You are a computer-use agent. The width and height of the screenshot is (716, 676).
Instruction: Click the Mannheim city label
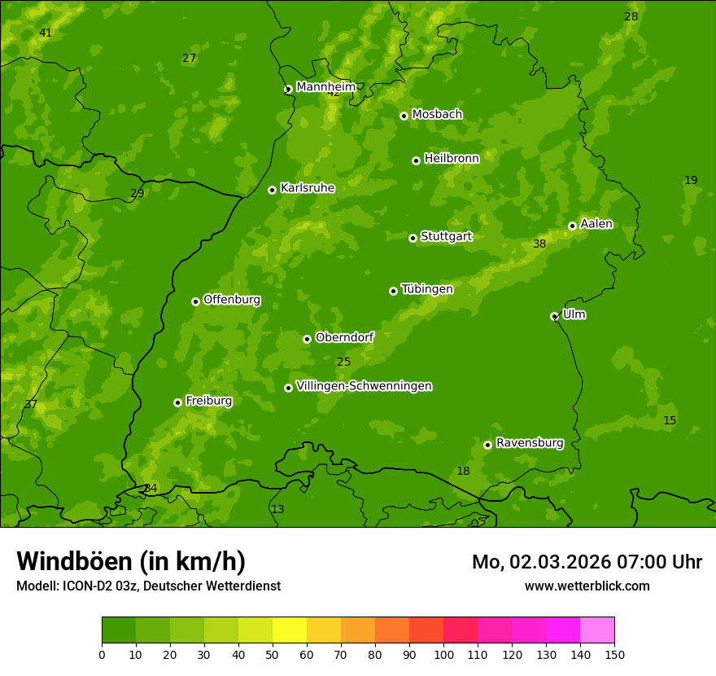tap(325, 86)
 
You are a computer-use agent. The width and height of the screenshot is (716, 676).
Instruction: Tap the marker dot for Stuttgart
tap(413, 238)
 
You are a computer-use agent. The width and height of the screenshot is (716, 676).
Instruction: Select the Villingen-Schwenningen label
tap(364, 386)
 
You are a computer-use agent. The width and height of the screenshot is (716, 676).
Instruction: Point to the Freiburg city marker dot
tap(177, 402)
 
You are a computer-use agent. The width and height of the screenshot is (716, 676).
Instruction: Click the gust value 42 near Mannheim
tap(334, 93)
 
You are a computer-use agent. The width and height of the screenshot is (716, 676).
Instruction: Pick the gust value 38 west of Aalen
tap(539, 244)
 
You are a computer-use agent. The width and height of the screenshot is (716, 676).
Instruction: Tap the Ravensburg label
tap(529, 443)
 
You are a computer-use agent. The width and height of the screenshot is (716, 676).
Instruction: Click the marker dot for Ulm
tap(554, 316)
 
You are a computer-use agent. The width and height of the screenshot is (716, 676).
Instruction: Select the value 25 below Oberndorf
tap(343, 362)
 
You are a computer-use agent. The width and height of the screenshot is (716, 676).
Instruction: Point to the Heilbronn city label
tap(452, 158)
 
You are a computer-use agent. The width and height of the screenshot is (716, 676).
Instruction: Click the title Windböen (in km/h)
tap(130, 561)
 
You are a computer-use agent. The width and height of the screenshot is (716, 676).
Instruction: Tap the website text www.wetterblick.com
tap(587, 586)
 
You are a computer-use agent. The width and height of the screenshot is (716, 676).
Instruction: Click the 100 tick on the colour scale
tap(443, 654)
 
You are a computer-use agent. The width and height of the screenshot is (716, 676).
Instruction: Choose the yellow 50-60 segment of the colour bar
tap(290, 630)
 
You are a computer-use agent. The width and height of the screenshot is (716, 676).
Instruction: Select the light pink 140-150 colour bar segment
tap(597, 630)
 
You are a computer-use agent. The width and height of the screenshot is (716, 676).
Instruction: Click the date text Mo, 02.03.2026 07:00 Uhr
tap(587, 562)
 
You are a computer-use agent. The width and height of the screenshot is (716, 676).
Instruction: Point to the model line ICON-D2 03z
tap(148, 586)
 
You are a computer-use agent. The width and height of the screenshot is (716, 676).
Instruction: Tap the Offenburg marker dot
tap(195, 301)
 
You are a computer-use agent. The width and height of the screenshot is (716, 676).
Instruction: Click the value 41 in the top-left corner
tap(46, 33)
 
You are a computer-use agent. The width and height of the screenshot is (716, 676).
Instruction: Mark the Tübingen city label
tap(427, 289)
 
